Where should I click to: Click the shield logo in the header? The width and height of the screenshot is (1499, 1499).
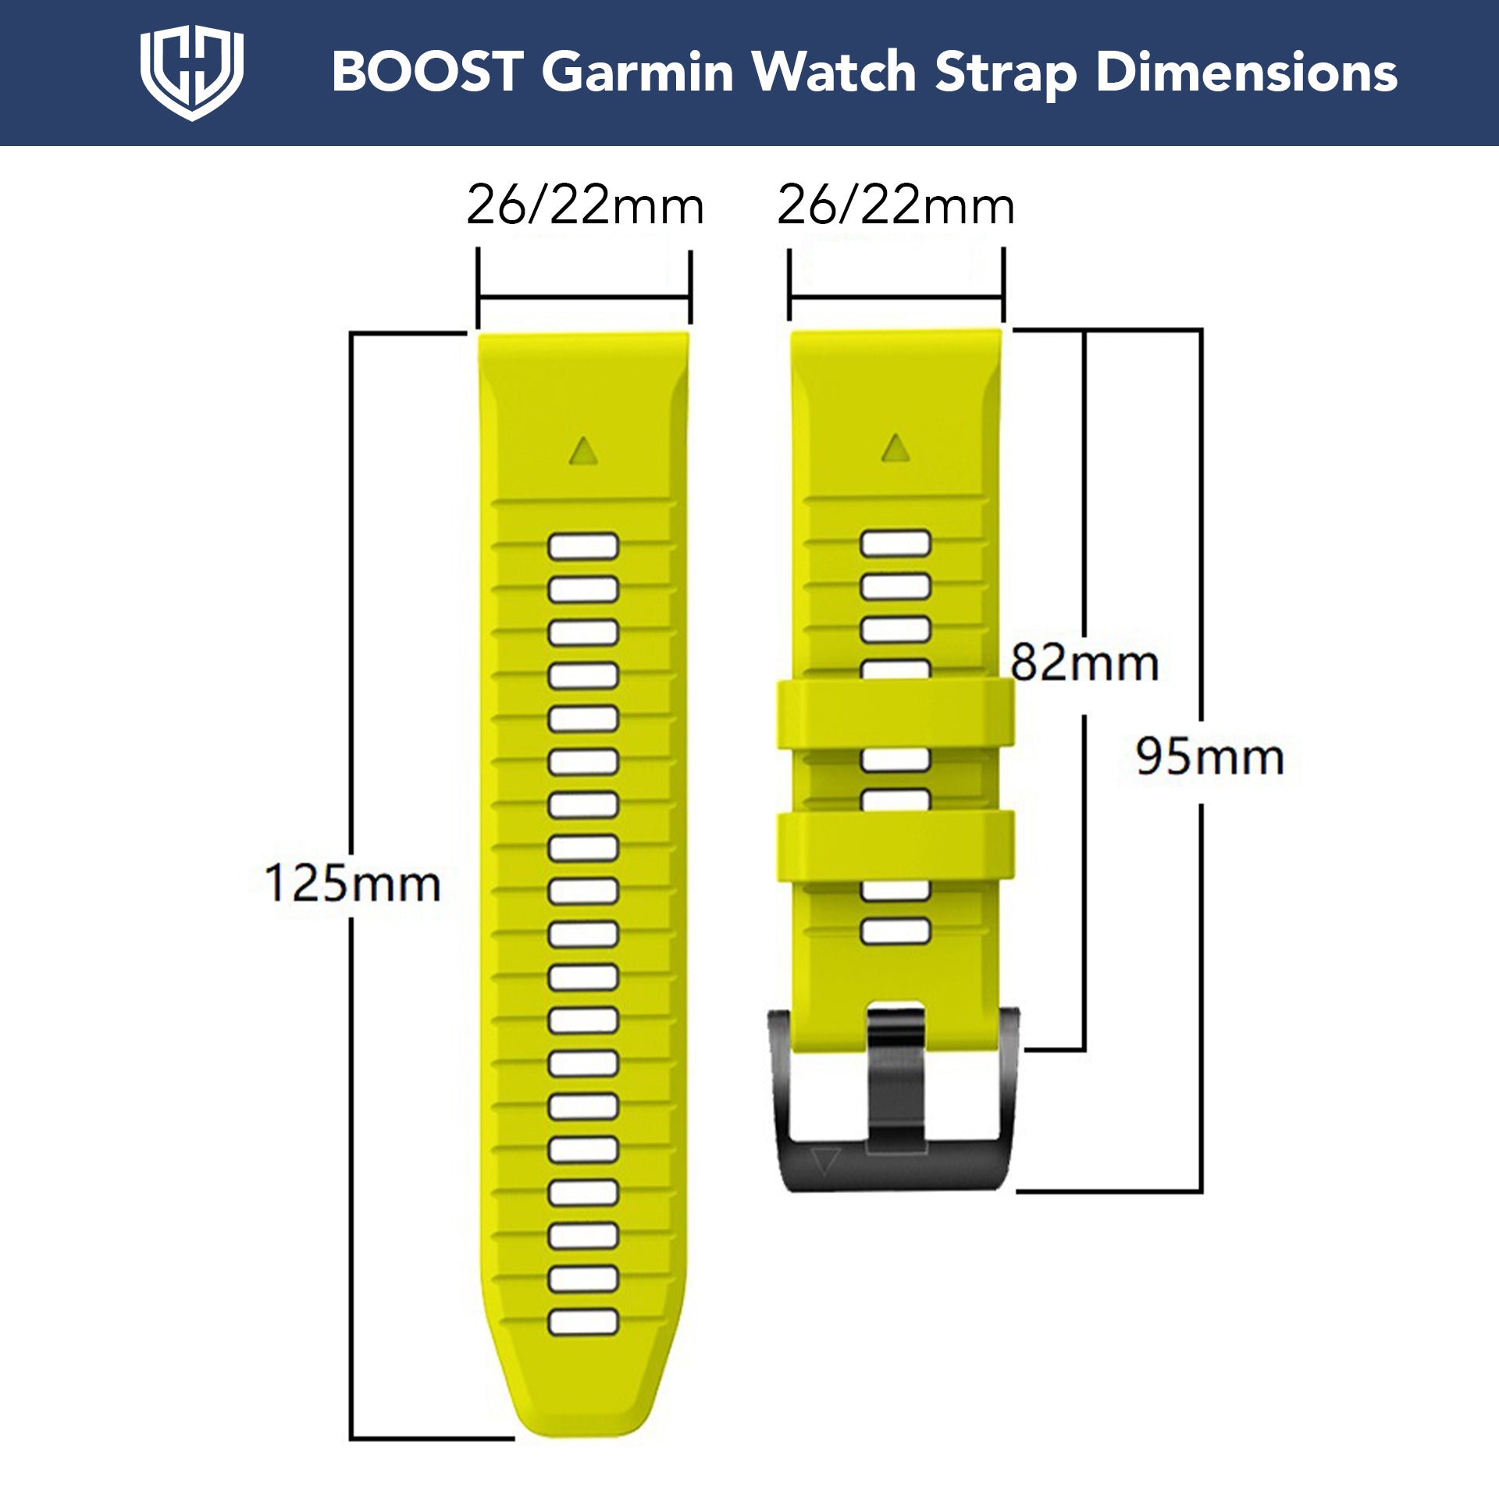click(191, 72)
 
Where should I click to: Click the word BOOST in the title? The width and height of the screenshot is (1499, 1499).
click(427, 72)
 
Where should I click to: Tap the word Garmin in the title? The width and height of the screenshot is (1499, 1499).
click(638, 72)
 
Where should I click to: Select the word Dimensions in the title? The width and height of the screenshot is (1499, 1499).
click(1246, 72)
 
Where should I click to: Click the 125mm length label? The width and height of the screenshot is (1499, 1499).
click(353, 884)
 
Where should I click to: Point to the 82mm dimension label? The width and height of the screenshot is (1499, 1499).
click(1084, 663)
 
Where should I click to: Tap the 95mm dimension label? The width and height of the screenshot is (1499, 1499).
click(1209, 757)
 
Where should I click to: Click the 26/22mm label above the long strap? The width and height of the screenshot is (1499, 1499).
click(585, 205)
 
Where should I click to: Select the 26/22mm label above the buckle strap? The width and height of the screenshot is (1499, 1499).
click(895, 205)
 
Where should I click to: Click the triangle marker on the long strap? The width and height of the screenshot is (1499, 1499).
click(583, 451)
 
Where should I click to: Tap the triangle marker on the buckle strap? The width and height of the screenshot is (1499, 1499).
click(895, 448)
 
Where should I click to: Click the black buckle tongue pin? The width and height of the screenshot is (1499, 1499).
click(895, 1077)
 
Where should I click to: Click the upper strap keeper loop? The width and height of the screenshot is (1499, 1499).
click(895, 714)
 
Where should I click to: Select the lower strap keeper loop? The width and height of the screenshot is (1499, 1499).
click(895, 846)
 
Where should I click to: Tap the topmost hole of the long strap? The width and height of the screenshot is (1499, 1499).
click(583, 547)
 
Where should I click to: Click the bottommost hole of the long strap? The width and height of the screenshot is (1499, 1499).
click(583, 1322)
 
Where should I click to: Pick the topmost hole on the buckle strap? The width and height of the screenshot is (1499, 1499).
click(895, 543)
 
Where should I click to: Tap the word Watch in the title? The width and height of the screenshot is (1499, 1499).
click(834, 72)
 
